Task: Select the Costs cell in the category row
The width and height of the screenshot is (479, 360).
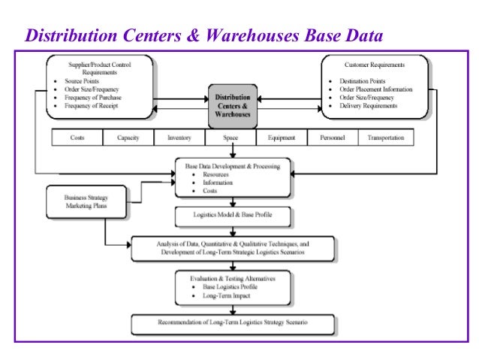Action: coord(77,138)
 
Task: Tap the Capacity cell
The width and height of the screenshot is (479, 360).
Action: coord(128,138)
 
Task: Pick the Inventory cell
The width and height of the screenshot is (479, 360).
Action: coord(179,138)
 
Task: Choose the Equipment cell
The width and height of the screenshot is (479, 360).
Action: coord(282,138)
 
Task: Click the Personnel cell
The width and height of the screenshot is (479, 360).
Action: coord(333,138)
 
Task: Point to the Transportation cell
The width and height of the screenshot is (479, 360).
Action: coord(385,138)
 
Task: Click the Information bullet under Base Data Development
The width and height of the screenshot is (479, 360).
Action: coord(218,182)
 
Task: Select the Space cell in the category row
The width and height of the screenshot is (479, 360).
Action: coord(230,138)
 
